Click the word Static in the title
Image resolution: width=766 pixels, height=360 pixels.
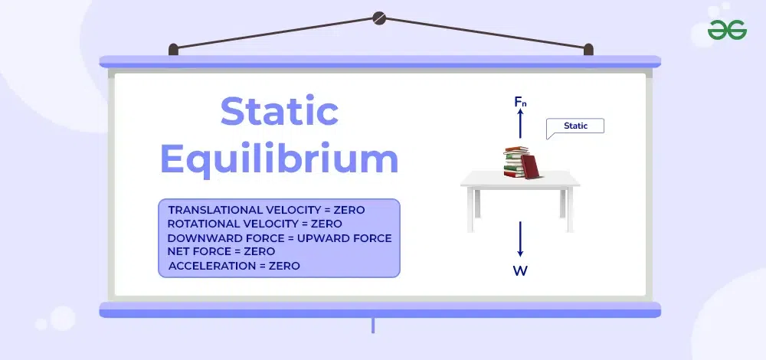point(280,113)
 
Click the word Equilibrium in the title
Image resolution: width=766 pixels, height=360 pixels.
point(280,160)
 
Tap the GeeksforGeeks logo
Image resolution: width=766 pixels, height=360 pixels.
point(728,31)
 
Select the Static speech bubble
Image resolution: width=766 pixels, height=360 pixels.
point(576,126)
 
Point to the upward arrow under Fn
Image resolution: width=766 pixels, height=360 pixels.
point(520,123)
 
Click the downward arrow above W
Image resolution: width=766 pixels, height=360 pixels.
point(520,239)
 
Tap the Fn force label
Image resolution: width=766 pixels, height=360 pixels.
point(520,101)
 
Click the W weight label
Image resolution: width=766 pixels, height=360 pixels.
point(520,270)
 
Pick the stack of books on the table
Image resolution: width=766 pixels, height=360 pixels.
point(516,161)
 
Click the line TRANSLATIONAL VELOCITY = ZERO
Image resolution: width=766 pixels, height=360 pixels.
point(267,210)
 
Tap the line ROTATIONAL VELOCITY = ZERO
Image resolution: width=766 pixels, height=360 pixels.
point(255,224)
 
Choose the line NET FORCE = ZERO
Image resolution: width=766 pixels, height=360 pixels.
point(221,251)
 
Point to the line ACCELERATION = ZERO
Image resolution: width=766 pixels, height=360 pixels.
point(234,266)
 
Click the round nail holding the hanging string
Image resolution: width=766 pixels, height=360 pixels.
point(379,18)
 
